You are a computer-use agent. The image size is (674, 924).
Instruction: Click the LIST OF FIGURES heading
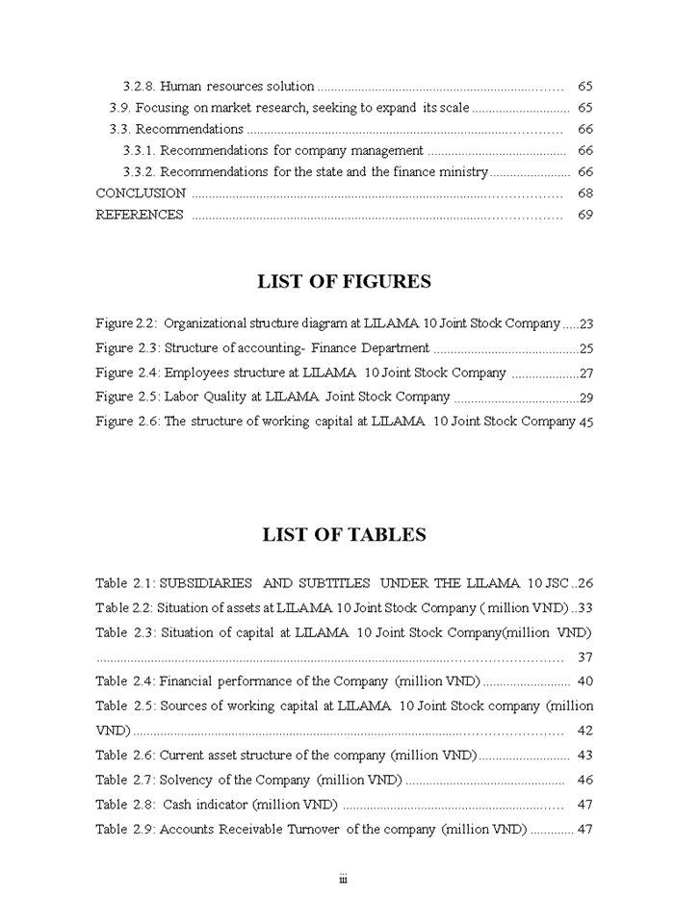[x=344, y=282]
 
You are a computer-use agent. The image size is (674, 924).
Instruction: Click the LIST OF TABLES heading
[x=344, y=535]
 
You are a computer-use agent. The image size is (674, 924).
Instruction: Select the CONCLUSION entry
[x=141, y=193]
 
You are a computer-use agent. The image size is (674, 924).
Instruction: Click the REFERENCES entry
[x=140, y=215]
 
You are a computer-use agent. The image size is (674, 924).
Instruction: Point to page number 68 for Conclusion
[x=584, y=193]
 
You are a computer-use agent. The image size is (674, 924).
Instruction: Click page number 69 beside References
[x=584, y=215]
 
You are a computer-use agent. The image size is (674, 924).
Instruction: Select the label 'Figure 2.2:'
[x=127, y=324]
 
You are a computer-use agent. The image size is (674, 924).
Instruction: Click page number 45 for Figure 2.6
[x=585, y=422]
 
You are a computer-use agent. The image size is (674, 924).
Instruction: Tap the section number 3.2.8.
[x=139, y=87]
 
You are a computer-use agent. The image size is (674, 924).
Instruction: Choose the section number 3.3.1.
[x=139, y=151]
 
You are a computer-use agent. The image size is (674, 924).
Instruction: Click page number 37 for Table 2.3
[x=584, y=657]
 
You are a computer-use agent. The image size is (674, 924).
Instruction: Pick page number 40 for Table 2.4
[x=584, y=681]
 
